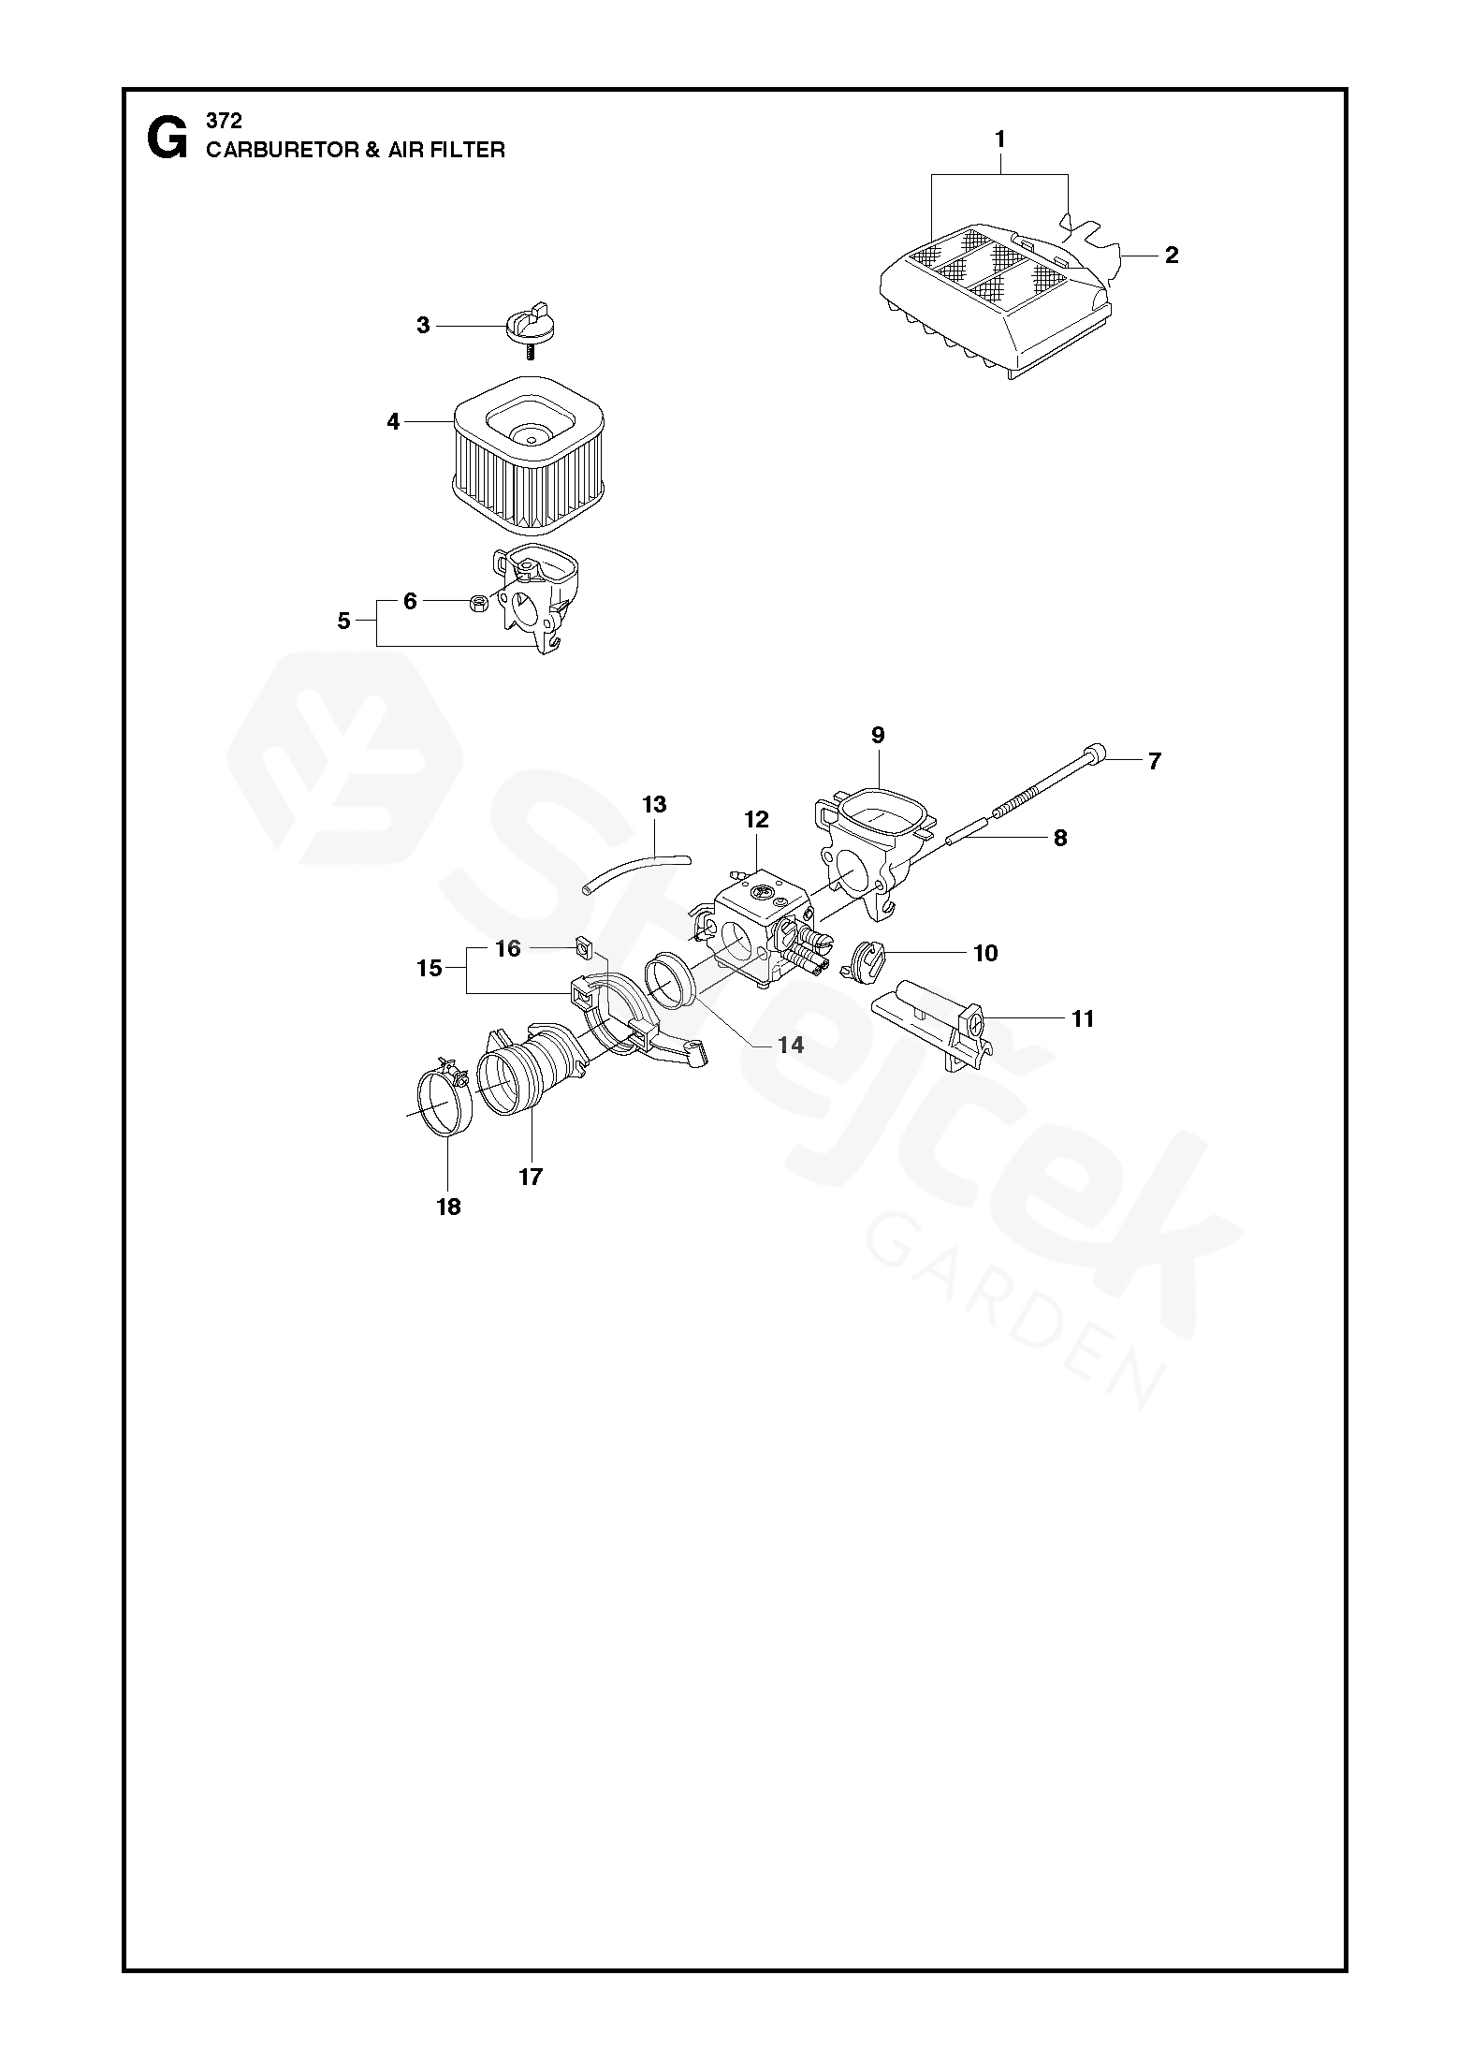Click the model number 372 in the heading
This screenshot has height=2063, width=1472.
tap(224, 122)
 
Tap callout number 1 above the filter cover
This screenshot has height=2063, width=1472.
tap(999, 139)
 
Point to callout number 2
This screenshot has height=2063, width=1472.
tap(1171, 255)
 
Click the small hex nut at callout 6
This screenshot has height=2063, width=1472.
tap(476, 601)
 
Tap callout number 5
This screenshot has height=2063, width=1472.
tap(343, 621)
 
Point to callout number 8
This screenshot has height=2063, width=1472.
tap(1059, 838)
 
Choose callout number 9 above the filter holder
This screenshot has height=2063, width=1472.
tap(878, 735)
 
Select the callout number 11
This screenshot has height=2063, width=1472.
tap(1083, 1018)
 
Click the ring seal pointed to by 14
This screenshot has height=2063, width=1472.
tap(670, 988)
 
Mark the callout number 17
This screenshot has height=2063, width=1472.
tap(531, 1177)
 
